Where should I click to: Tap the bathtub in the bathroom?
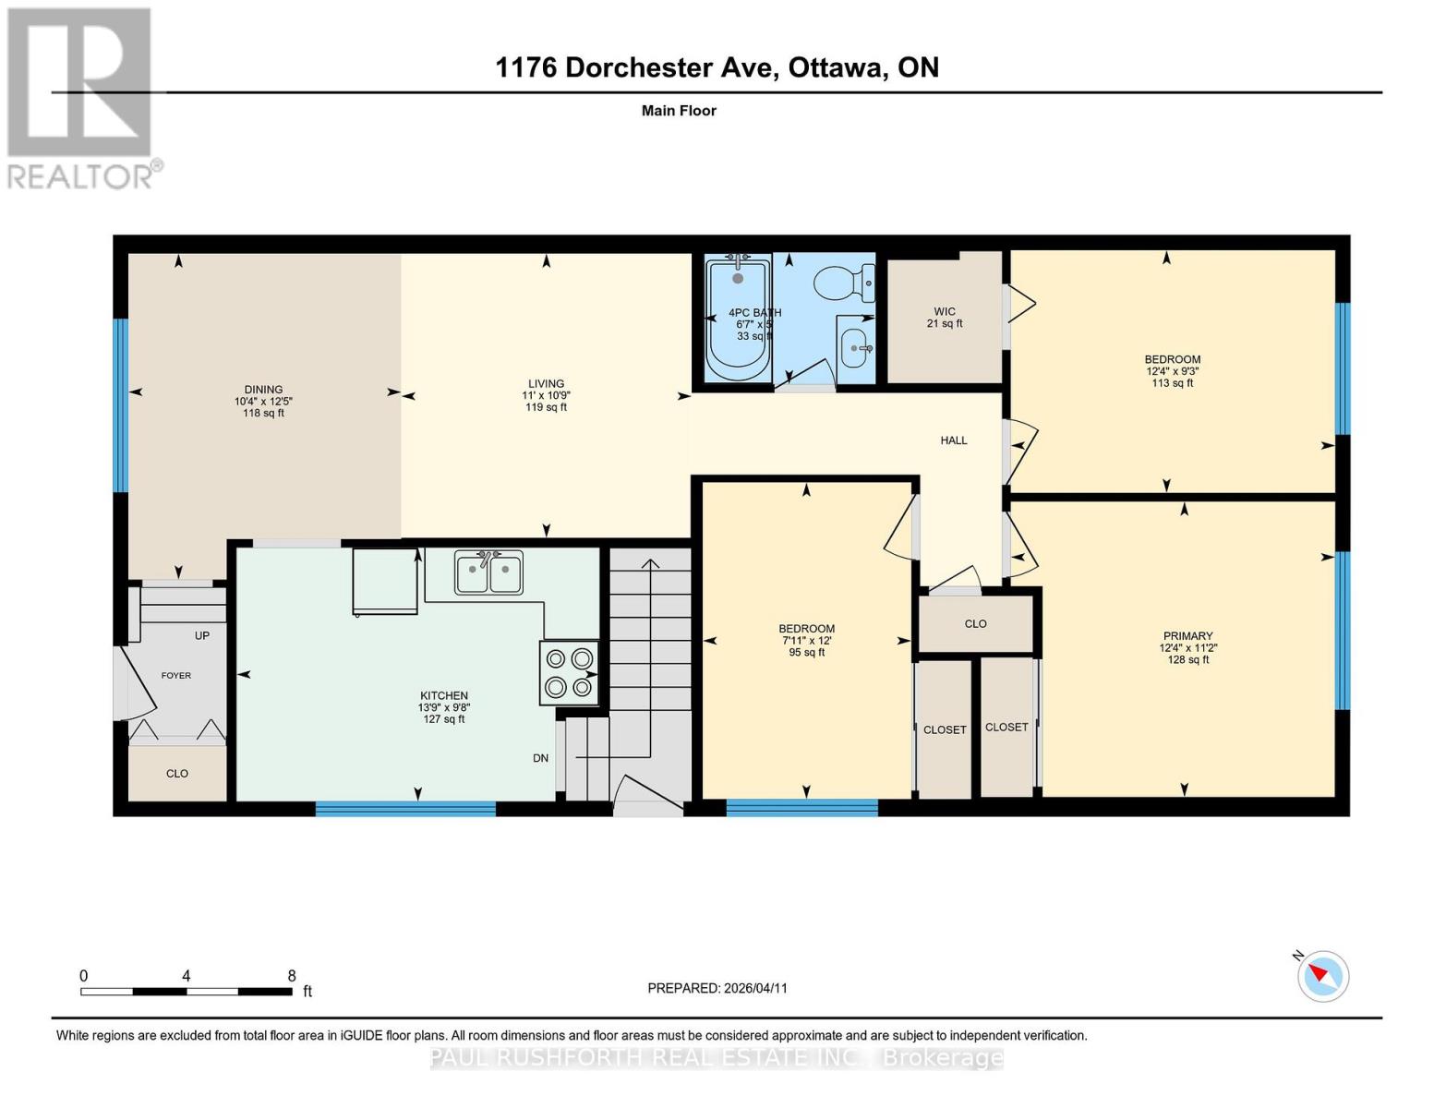[x=737, y=319]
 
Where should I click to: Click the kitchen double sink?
[x=488, y=572]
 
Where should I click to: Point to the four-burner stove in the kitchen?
[x=569, y=673]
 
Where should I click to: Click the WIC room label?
[x=944, y=312]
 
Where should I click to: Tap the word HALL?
[x=954, y=440]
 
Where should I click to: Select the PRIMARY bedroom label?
[x=1187, y=636]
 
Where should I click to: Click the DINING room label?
[x=263, y=390]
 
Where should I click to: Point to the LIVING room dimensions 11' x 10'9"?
[x=546, y=395]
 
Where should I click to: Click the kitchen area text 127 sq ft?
[x=444, y=719]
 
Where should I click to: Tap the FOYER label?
[x=176, y=676]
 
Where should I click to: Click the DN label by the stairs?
[x=541, y=758]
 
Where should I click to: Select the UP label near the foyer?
[x=202, y=635]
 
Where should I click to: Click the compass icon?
[x=1323, y=976]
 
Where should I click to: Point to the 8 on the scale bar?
[x=292, y=976]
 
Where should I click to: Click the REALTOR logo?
[x=81, y=97]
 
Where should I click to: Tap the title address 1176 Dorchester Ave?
[x=637, y=67]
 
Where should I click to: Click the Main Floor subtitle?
[x=679, y=111]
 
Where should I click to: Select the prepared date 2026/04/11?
[x=754, y=988]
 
